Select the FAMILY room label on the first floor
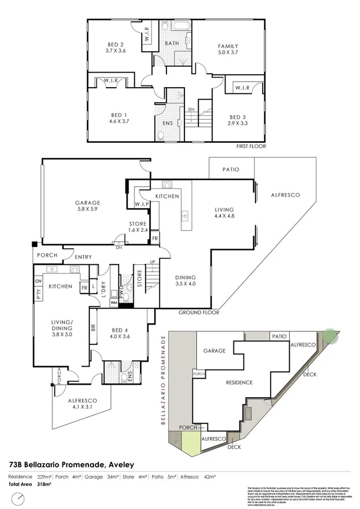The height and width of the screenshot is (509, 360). click(228, 46)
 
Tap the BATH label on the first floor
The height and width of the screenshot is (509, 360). click(172, 43)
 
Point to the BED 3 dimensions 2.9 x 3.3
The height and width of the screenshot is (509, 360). click(238, 123)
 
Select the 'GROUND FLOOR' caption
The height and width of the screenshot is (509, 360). click(199, 312)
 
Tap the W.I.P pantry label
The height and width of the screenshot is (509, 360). click(141, 204)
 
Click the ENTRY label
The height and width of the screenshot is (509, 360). click(83, 257)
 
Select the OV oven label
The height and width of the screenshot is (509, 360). click(39, 280)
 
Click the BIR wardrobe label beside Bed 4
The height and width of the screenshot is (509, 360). click(93, 327)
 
